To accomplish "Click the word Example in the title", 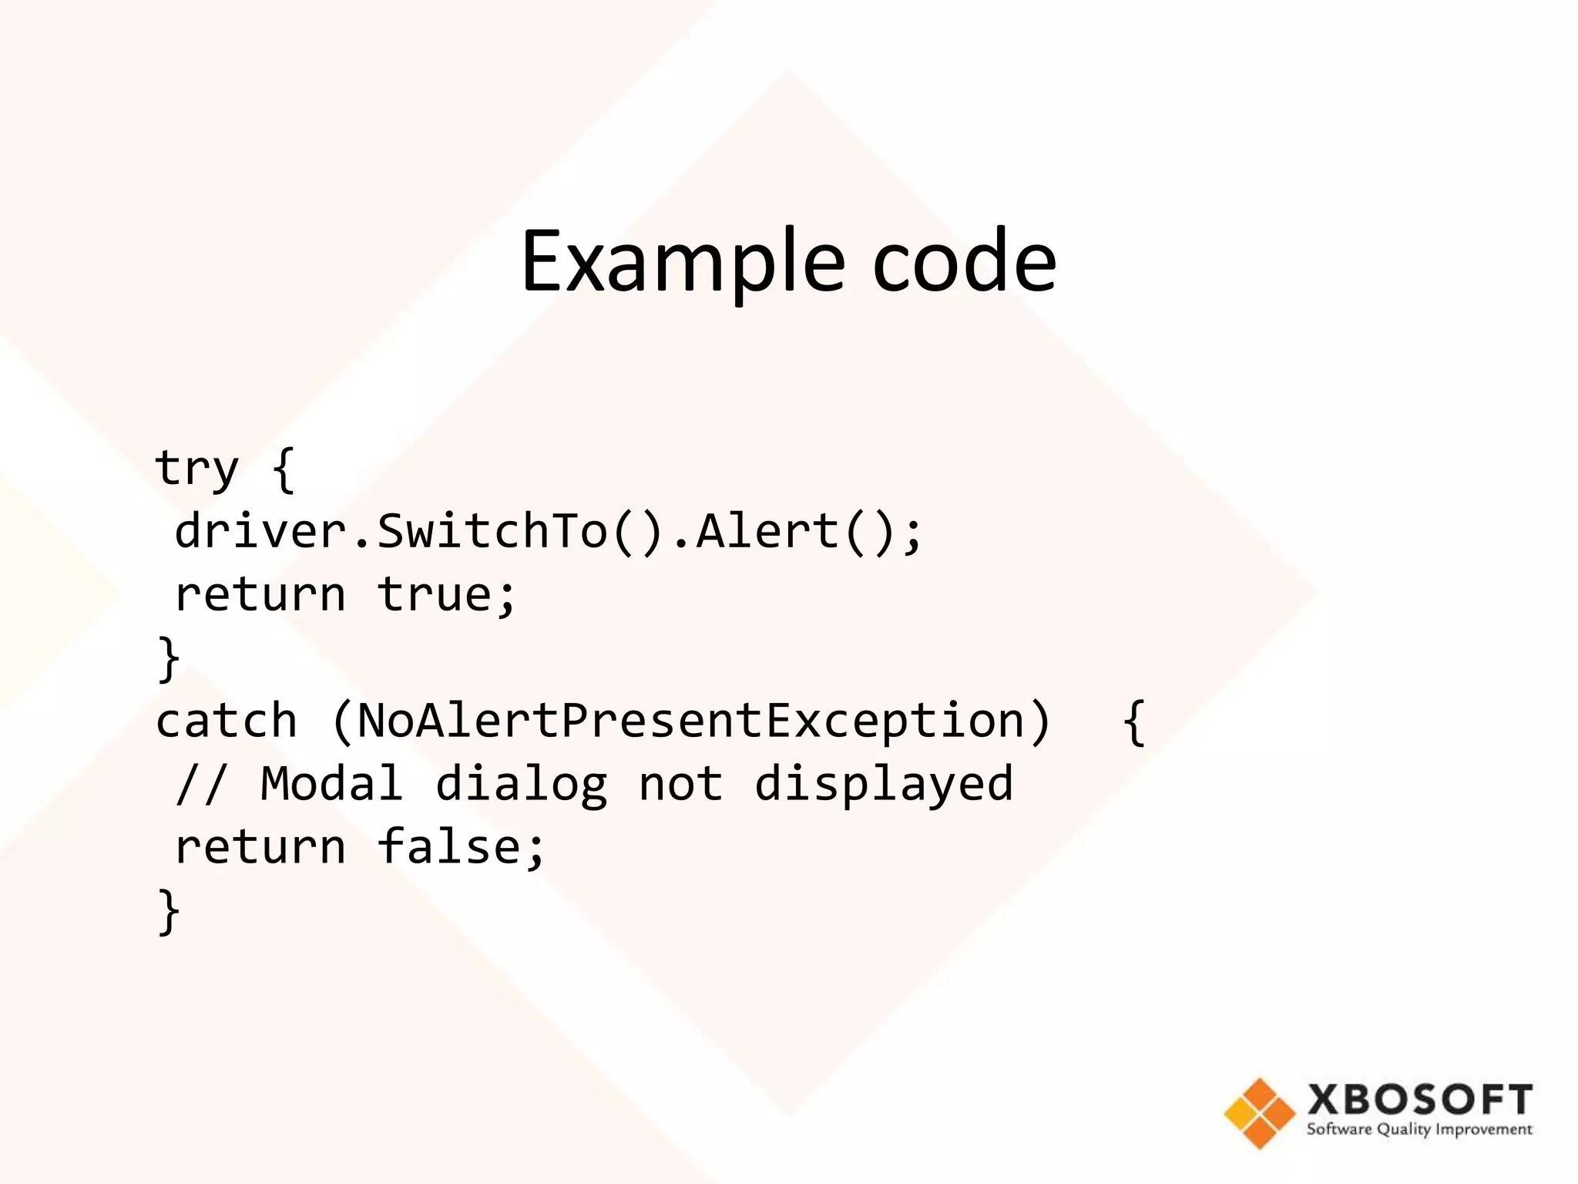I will [683, 262].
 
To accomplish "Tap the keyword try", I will [197, 469].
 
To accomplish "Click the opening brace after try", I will [284, 469].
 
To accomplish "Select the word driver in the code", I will [260, 531].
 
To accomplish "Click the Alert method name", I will [767, 531].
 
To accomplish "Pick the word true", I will [435, 594].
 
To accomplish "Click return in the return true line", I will [260, 594].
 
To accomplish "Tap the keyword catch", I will [226, 721].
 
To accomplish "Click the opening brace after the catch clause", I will [1133, 721].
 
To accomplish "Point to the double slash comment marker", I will [201, 785].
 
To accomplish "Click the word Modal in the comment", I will [331, 785].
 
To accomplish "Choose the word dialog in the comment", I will [521, 785].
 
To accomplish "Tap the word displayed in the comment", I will [883, 785].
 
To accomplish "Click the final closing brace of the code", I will [168, 911].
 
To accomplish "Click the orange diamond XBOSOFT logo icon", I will [1259, 1113].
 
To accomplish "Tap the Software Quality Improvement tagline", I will [1419, 1130].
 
